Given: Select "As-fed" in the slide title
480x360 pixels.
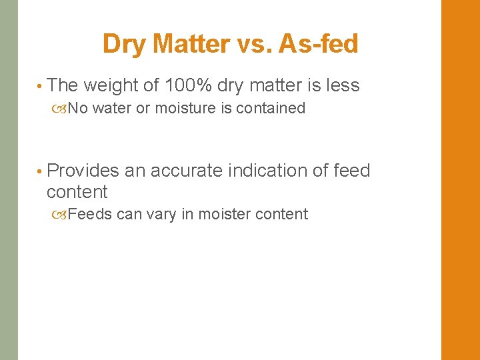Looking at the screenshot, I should click(319, 45).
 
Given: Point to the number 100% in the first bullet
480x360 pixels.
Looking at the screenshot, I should click(188, 85).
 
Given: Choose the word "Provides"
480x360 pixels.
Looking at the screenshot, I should click(83, 171).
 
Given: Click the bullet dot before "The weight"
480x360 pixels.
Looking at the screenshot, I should click(41, 86).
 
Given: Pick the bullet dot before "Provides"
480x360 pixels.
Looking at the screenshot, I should click(41, 171).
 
